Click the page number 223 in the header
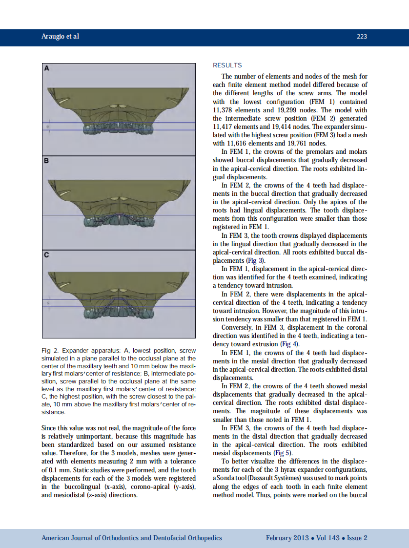(x=362, y=37)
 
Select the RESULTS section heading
(x=227, y=65)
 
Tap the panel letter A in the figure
(x=47, y=69)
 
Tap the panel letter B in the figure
(x=47, y=161)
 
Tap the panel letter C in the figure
(x=47, y=255)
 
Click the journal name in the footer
(x=132, y=538)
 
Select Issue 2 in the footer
(x=357, y=538)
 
